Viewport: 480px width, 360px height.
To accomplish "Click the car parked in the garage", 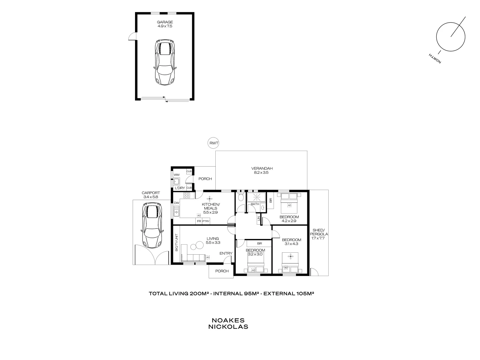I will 165,62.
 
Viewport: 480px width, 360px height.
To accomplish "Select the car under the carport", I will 152,226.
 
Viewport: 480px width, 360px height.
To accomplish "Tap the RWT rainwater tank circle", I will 213,143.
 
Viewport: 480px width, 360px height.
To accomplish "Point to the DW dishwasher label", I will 177,203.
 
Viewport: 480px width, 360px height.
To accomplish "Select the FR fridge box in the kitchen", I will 199,221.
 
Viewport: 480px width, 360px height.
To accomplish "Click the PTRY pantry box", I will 206,221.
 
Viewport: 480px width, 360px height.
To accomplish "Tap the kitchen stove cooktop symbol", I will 187,195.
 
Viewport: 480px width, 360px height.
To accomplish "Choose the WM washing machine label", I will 177,175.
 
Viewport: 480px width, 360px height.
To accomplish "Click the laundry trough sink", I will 177,182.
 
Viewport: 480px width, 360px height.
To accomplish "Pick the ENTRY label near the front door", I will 226,253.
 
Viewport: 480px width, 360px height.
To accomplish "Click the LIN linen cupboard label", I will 258,219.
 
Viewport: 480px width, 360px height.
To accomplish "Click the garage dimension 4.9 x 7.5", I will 165,26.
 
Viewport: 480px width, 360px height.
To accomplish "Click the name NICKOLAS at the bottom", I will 228,327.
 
